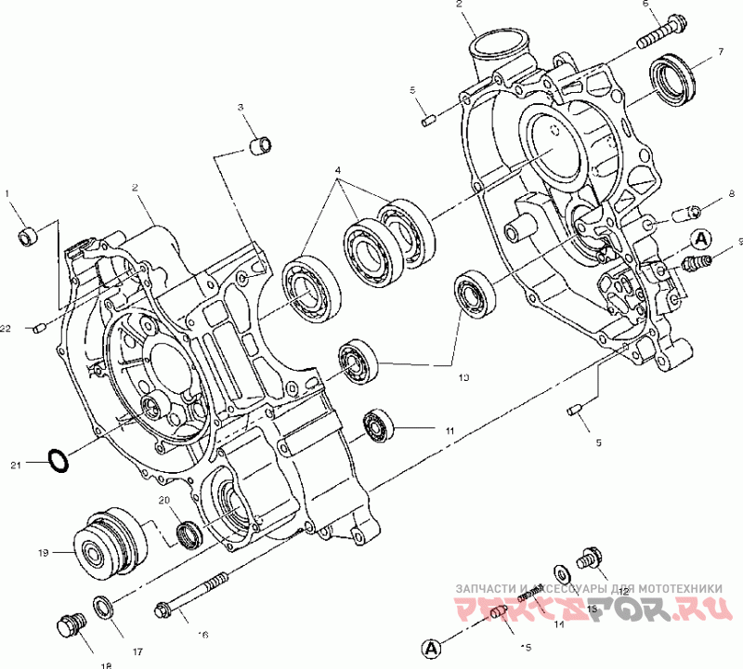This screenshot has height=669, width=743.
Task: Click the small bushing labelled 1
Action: pyautogui.click(x=29, y=236)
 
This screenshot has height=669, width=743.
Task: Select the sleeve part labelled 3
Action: pyautogui.click(x=261, y=146)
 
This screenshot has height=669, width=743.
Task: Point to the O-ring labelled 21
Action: pyautogui.click(x=58, y=460)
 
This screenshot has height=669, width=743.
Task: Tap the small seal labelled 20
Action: pyautogui.click(x=189, y=533)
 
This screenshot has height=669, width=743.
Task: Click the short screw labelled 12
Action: pyautogui.click(x=587, y=558)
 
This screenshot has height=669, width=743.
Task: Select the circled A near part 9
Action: pyautogui.click(x=701, y=238)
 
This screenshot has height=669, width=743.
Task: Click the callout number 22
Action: pyautogui.click(x=7, y=328)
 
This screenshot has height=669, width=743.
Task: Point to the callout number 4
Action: pyautogui.click(x=338, y=171)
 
